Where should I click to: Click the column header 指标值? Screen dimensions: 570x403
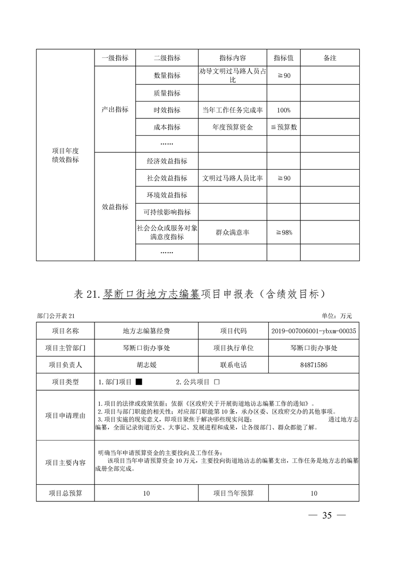pos(284,58)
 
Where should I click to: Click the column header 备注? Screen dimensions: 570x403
pos(330,58)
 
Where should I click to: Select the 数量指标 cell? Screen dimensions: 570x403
pos(167,76)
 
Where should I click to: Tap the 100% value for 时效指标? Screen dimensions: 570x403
pos(284,110)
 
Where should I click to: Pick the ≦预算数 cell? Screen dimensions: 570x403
pos(284,128)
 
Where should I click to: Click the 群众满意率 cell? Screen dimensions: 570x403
pos(232,233)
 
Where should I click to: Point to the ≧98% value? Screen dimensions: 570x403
pos(284,233)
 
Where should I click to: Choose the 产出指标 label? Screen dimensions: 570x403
pos(115,110)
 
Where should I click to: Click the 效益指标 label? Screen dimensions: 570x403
pos(115,207)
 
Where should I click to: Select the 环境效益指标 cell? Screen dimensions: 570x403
pos(167,195)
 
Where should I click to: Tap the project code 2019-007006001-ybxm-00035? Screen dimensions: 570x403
pos(314,331)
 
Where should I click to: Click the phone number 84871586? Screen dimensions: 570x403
pos(314,365)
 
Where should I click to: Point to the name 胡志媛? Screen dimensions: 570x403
pos(142,365)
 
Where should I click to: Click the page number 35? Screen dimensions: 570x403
pos(327,516)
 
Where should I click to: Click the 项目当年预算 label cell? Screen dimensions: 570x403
pos(233,493)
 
